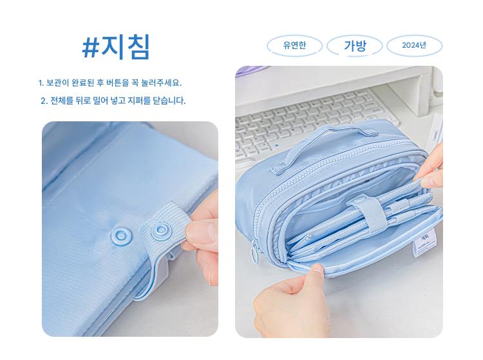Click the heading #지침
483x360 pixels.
coord(116,47)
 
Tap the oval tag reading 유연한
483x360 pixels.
coord(294,46)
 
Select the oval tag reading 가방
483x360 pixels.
coord(355,46)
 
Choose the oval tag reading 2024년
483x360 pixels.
coord(414,46)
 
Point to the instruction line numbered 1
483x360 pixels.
coord(110,83)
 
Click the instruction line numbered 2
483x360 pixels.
coord(113,101)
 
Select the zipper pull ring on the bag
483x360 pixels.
coord(255,250)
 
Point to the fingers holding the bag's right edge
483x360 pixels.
coord(430,173)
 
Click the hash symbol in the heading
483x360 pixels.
coord(90,48)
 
